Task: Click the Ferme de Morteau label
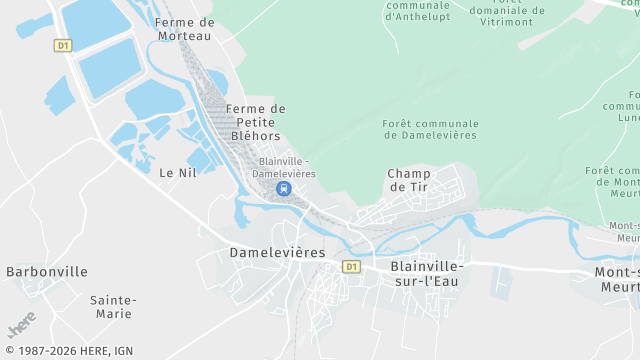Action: [186, 29]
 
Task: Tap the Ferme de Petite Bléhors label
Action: [256, 122]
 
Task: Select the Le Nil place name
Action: [178, 172]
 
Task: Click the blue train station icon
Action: [284, 188]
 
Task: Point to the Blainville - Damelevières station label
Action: [284, 167]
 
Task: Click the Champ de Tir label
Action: [408, 180]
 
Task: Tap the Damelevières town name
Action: [277, 253]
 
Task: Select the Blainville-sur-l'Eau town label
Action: [428, 274]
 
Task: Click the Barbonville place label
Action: [47, 271]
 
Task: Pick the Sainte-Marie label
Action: [112, 306]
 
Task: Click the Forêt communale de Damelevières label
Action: [430, 130]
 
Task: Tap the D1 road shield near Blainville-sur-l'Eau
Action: [351, 267]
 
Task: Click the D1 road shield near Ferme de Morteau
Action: [63, 45]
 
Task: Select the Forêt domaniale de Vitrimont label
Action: [509, 10]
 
